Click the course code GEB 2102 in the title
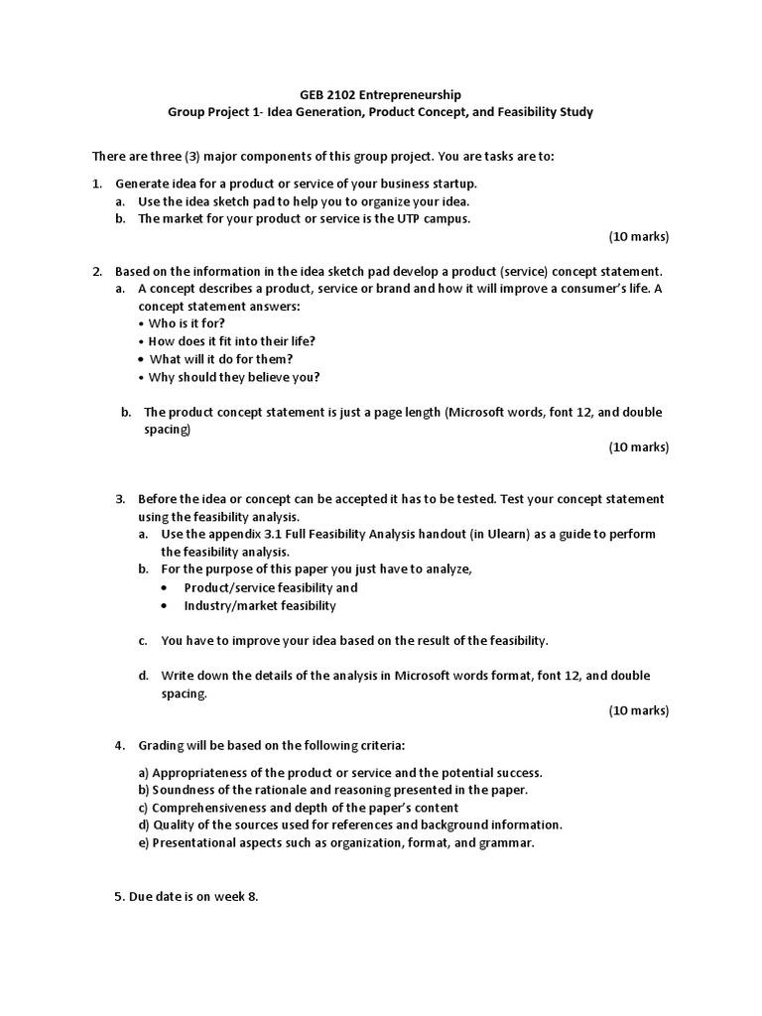(326, 94)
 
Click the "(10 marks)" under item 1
(638, 236)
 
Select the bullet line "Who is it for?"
(187, 323)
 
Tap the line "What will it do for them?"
(220, 359)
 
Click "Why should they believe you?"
(234, 377)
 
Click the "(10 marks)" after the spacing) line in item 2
(638, 446)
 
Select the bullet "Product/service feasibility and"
(270, 587)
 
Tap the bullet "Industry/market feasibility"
(260, 605)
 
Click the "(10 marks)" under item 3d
(638, 710)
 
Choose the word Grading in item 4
(161, 745)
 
